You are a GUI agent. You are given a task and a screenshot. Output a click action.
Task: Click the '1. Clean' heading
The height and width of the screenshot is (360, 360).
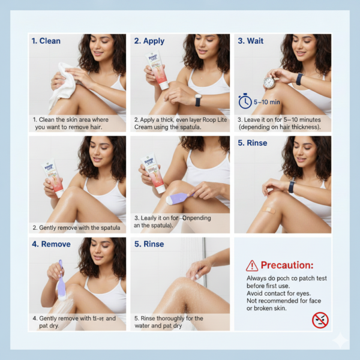click(x=46, y=41)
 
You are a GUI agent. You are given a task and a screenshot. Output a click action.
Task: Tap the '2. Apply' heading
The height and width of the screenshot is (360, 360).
click(x=150, y=41)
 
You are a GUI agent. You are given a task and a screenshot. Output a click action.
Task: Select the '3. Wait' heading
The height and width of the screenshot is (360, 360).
click(x=250, y=41)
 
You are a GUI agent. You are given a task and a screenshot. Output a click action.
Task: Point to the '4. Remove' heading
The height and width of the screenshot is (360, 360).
click(x=52, y=244)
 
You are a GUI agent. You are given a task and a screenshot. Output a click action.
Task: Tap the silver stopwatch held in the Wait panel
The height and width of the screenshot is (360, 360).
click(x=269, y=82)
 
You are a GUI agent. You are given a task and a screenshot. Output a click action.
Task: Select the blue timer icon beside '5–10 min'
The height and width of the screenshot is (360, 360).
click(x=245, y=101)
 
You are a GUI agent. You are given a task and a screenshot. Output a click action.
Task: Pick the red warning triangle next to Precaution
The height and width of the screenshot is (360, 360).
click(x=252, y=265)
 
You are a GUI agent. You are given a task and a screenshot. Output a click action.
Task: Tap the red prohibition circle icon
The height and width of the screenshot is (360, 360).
click(x=320, y=320)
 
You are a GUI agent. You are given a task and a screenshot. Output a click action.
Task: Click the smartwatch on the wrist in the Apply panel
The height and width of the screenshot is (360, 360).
click(x=198, y=100)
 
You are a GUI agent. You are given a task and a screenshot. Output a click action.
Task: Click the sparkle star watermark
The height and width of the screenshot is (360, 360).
click(x=340, y=340)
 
